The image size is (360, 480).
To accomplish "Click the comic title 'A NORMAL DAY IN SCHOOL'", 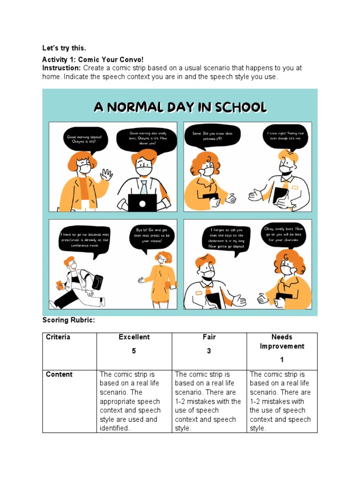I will coord(180,107).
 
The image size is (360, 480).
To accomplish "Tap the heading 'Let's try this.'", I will coord(64,48).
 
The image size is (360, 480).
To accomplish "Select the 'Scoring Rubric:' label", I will coord(68,320).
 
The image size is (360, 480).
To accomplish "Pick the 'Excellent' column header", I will coord(134,337).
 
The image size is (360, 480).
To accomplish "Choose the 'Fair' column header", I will coord(209,337).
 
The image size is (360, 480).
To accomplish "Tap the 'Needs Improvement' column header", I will coord(282,342).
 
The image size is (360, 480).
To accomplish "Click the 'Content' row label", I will coord(59,375).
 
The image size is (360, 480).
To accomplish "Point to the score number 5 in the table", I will coord(134,351).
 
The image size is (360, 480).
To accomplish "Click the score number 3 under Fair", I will coord(209,351).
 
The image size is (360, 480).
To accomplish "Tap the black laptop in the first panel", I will coord(142,202).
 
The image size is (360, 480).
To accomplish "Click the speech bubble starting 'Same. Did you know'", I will coord(212,136).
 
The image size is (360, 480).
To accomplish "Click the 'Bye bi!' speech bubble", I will coord(152,238).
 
